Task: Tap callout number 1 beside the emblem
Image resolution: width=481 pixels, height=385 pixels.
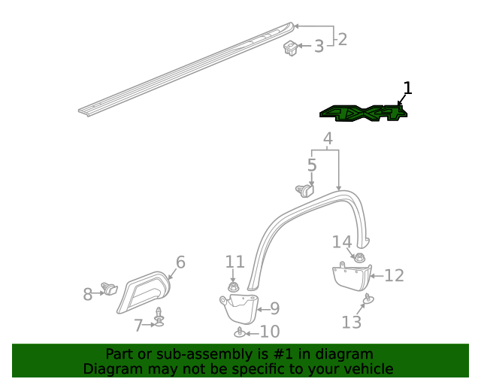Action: (x=407, y=89)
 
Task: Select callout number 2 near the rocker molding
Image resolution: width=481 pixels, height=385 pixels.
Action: (x=343, y=38)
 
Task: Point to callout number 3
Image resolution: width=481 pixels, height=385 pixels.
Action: (x=319, y=47)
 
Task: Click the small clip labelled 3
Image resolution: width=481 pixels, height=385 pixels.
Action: (x=291, y=50)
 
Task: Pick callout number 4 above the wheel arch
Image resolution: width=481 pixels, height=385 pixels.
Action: (x=328, y=138)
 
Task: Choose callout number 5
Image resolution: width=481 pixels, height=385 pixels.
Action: (x=312, y=164)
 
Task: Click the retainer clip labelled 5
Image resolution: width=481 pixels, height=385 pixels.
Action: (x=306, y=189)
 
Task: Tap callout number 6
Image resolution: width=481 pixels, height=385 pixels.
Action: (x=180, y=262)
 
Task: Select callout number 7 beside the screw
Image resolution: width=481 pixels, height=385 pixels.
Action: (x=138, y=326)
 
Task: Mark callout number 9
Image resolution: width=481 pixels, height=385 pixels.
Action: (x=274, y=308)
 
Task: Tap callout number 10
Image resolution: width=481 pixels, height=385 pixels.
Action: (x=269, y=332)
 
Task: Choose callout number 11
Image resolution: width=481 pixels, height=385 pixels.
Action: (x=235, y=262)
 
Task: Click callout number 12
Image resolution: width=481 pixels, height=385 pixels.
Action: (x=395, y=276)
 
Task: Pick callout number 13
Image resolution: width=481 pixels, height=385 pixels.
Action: (x=352, y=323)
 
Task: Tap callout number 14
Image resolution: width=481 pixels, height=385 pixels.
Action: (x=342, y=241)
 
